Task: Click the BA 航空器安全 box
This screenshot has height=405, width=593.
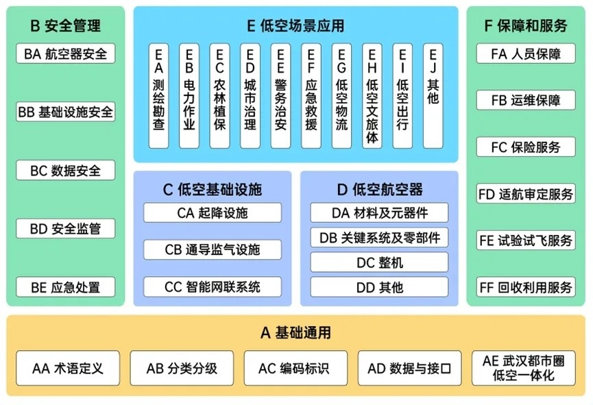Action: pyautogui.click(x=66, y=54)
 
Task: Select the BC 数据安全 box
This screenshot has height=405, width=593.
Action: pyautogui.click(x=66, y=171)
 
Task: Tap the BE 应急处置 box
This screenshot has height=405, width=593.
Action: pyautogui.click(x=66, y=287)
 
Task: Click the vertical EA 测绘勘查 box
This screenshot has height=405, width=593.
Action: pyautogui.click(x=159, y=96)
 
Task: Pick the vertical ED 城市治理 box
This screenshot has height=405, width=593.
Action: pyautogui.click(x=250, y=96)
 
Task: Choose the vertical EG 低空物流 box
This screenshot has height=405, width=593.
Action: pyautogui.click(x=341, y=96)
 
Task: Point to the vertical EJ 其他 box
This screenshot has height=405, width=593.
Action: pyautogui.click(x=433, y=96)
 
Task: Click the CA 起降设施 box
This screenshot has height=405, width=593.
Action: pyautogui.click(x=213, y=213)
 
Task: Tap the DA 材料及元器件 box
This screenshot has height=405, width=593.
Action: pyautogui.click(x=380, y=213)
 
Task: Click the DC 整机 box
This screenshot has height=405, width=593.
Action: pyautogui.click(x=380, y=262)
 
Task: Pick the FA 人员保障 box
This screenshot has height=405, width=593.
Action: pyautogui.click(x=526, y=54)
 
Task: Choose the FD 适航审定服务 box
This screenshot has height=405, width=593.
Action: pyautogui.click(x=526, y=195)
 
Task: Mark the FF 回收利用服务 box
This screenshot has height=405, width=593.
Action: pyautogui.click(x=526, y=287)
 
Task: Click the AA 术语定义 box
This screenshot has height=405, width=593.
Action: pyautogui.click(x=68, y=369)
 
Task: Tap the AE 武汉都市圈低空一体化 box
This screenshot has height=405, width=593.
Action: pyautogui.click(x=524, y=369)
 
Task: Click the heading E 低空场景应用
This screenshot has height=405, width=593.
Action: pyautogui.click(x=295, y=27)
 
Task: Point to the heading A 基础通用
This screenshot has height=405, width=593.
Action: pyautogui.click(x=295, y=334)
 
